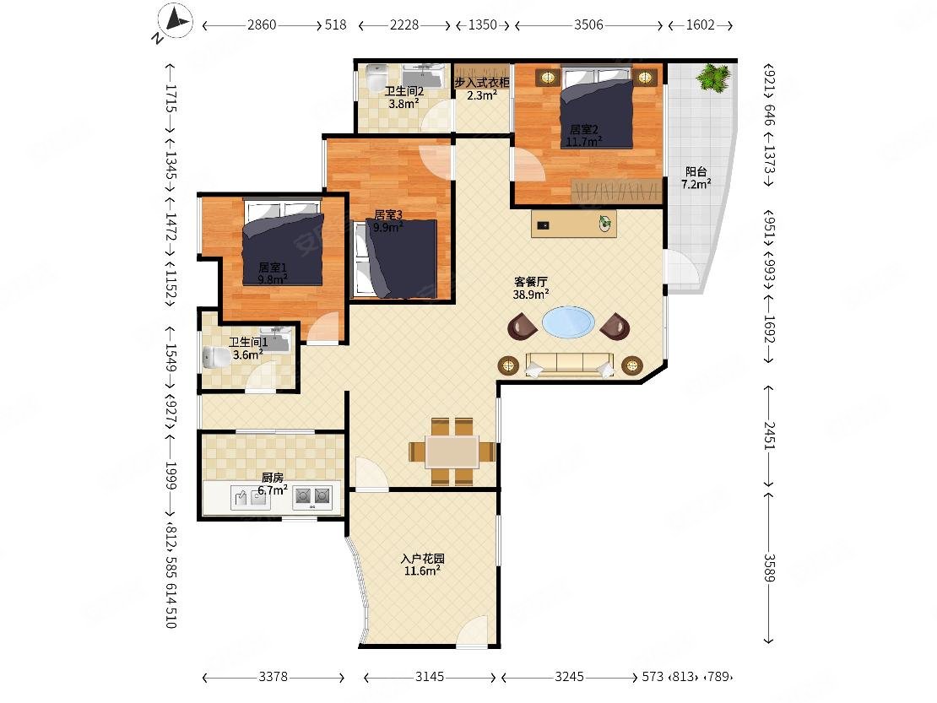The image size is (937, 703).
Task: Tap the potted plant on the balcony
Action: (x=713, y=77)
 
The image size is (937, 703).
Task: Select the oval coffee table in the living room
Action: (x=568, y=322)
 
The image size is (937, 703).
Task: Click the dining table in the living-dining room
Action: (x=452, y=452)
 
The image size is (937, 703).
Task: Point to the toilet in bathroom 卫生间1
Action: (x=216, y=357)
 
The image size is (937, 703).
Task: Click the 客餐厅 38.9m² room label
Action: (x=531, y=288)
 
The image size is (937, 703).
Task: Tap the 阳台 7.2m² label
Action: (x=696, y=178)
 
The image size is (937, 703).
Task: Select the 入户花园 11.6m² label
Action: (x=422, y=565)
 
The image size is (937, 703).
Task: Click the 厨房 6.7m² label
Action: (x=273, y=484)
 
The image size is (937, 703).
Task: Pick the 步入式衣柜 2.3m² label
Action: (x=482, y=89)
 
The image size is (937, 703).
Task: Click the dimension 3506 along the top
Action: (x=588, y=25)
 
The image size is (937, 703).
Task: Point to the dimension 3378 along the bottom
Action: (x=274, y=677)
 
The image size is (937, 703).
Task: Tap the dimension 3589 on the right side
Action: (x=769, y=568)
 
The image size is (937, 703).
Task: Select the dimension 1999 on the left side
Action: (x=171, y=475)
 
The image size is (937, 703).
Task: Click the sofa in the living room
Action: (x=570, y=365)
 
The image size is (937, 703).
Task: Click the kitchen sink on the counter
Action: (x=251, y=498)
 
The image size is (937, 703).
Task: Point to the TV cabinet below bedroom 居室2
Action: (x=574, y=224)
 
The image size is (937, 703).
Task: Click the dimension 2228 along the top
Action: (x=404, y=25)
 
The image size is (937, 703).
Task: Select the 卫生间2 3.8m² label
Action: (x=404, y=97)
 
